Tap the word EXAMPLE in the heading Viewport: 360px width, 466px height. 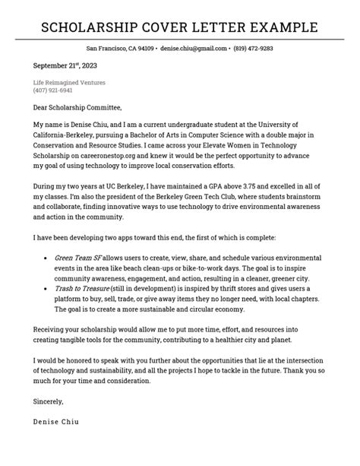coord(285,28)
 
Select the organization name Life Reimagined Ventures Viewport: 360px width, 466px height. coord(68,82)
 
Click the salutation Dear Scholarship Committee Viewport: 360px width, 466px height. coord(77,107)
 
